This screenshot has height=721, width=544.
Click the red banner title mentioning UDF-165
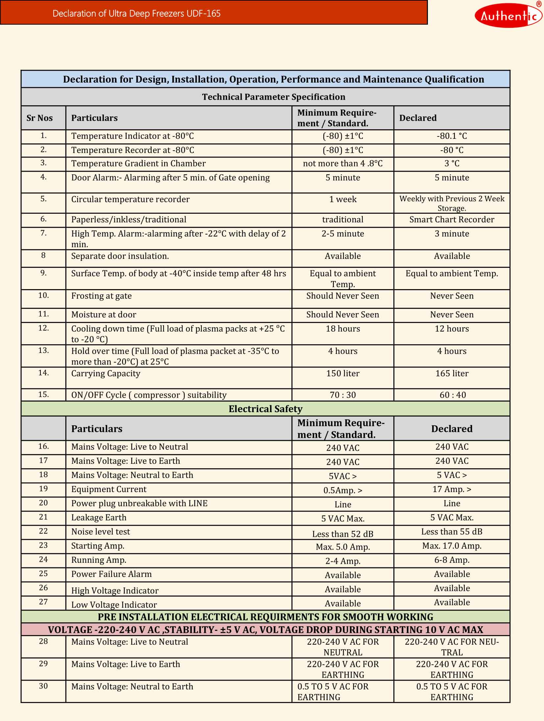pos(136,13)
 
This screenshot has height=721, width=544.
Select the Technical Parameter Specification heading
pos(273,97)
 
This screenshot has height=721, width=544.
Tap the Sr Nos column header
pos(39,118)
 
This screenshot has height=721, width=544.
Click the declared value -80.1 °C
pos(452,136)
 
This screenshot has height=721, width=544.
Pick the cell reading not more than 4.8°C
pos(342,163)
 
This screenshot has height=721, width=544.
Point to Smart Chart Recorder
pos(452,219)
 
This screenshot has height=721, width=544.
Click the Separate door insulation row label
pos(120,256)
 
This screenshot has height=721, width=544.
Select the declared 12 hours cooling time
pos(452,329)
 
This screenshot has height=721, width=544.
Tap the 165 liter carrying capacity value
pos(452,373)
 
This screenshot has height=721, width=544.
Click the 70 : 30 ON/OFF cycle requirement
pos(342,395)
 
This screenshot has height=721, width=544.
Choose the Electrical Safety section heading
pos(265,409)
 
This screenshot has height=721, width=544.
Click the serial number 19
pos(43,489)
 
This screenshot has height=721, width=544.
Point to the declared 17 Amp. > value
pos(452,489)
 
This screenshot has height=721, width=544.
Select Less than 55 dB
pos(452,532)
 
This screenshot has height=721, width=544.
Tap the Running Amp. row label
pos(99,560)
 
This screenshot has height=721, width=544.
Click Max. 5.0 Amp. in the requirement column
pos(342,547)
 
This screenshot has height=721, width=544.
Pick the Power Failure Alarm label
pos(111,574)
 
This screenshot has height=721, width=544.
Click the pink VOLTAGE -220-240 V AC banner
pos(265,630)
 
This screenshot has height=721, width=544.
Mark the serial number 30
pos(43,686)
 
